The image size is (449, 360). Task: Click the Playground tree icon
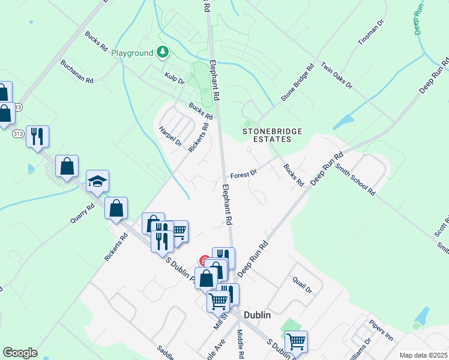coord(161,53)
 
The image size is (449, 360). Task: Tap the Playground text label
coord(132,53)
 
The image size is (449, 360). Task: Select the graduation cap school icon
coord(97,181)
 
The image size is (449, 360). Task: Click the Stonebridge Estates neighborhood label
coord(267,135)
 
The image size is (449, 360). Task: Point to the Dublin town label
coord(257,315)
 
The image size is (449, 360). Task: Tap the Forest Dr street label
coord(243,175)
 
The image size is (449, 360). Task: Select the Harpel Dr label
coord(170,136)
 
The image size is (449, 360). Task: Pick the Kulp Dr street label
coord(174,77)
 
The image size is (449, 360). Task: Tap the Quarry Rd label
coord(82,213)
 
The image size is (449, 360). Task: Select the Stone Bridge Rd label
coord(298,84)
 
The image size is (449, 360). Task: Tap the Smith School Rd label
coord(355,179)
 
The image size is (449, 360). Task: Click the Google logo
coord(20,353)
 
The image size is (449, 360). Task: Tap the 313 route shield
coord(18,134)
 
